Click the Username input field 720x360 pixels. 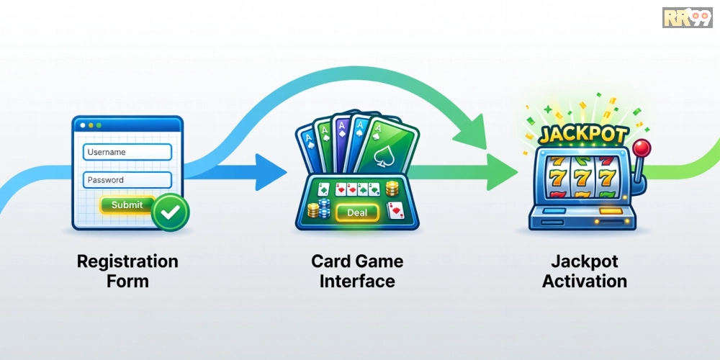(x=127, y=152)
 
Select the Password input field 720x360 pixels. (x=127, y=180)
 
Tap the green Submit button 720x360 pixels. (x=127, y=205)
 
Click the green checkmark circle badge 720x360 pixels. (x=171, y=210)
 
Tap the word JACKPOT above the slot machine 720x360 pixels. (x=584, y=134)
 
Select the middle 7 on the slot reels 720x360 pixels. (x=581, y=176)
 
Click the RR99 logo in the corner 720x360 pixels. (x=688, y=17)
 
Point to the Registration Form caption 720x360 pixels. (x=127, y=270)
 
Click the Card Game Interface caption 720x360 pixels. (x=357, y=270)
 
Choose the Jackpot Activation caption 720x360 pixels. (x=584, y=270)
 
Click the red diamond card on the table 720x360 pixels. (x=395, y=210)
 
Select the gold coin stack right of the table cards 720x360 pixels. (x=392, y=189)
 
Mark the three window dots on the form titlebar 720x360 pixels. (x=92, y=124)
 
